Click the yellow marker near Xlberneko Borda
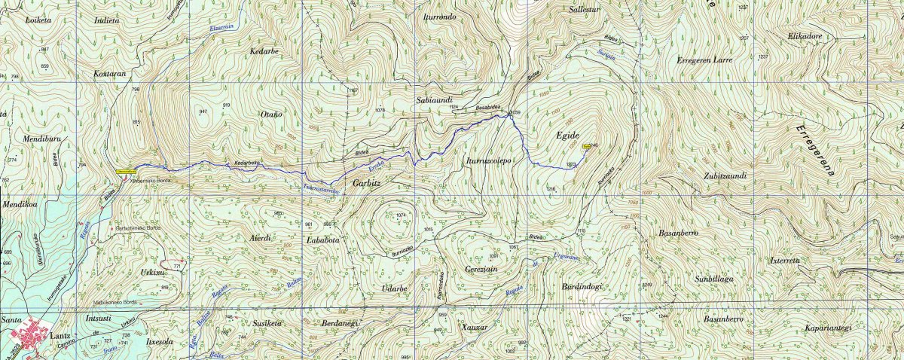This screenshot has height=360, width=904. [126, 171]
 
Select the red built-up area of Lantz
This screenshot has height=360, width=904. [30, 334]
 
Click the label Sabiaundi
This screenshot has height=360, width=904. [433, 99]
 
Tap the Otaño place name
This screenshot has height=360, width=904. [270, 114]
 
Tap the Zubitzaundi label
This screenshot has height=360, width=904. [725, 176]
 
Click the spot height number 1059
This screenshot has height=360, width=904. [515, 114]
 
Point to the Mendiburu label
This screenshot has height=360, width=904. [26, 139]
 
